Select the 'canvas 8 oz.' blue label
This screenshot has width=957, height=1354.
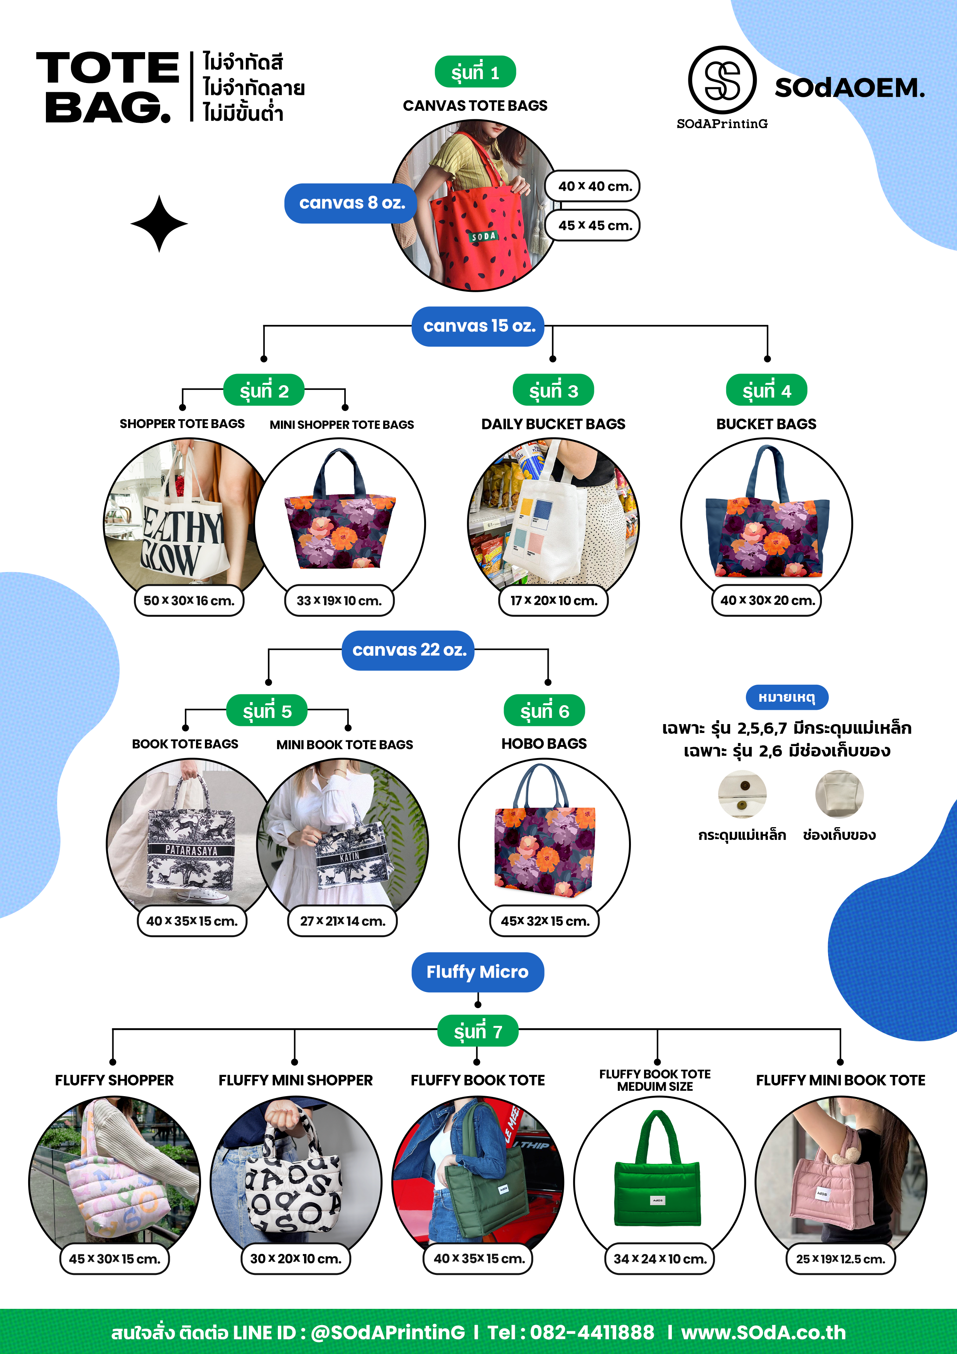[352, 203]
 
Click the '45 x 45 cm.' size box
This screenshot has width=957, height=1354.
[593, 225]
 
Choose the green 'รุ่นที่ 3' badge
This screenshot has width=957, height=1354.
[553, 390]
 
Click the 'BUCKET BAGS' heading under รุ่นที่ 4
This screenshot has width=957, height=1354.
[766, 424]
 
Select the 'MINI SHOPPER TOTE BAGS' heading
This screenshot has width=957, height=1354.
[342, 425]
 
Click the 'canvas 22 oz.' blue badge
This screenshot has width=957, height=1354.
[409, 650]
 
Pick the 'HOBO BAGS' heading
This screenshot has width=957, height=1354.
[544, 744]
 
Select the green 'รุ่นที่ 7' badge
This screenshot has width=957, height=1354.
[478, 1031]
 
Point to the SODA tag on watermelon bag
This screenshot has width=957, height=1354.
[484, 237]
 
